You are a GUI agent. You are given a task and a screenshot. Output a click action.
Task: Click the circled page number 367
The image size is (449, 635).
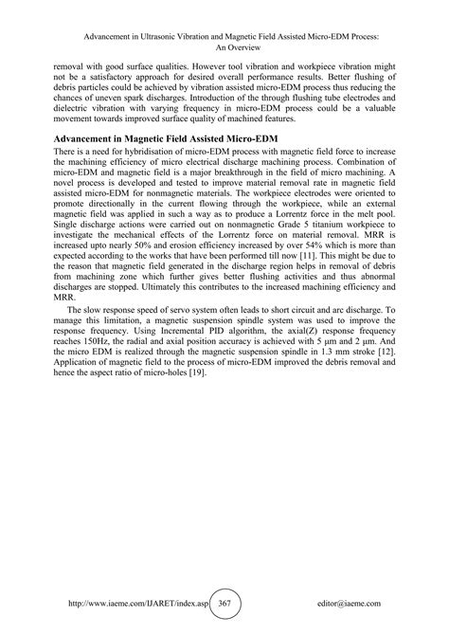[x=224, y=603]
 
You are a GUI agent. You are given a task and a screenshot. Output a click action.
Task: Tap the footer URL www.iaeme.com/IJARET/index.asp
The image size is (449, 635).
[x=132, y=603]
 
